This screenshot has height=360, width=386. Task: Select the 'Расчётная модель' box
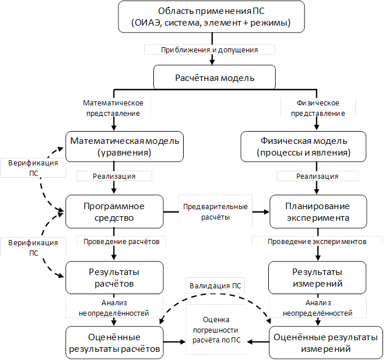pos(215,77)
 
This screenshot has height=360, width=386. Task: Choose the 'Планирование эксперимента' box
pos(317,212)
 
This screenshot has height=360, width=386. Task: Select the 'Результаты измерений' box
pos(317,278)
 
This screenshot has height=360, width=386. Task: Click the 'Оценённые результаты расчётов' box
pos(114,343)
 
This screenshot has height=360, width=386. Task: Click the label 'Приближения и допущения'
pos(209,51)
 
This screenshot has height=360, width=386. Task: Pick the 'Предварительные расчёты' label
pos(215,212)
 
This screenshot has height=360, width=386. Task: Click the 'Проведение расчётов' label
pos(121,241)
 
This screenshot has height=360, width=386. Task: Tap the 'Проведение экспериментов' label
pos(317,241)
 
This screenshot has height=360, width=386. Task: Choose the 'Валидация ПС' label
pos(215,287)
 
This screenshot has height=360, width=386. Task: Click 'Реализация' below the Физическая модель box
pos(317,176)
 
